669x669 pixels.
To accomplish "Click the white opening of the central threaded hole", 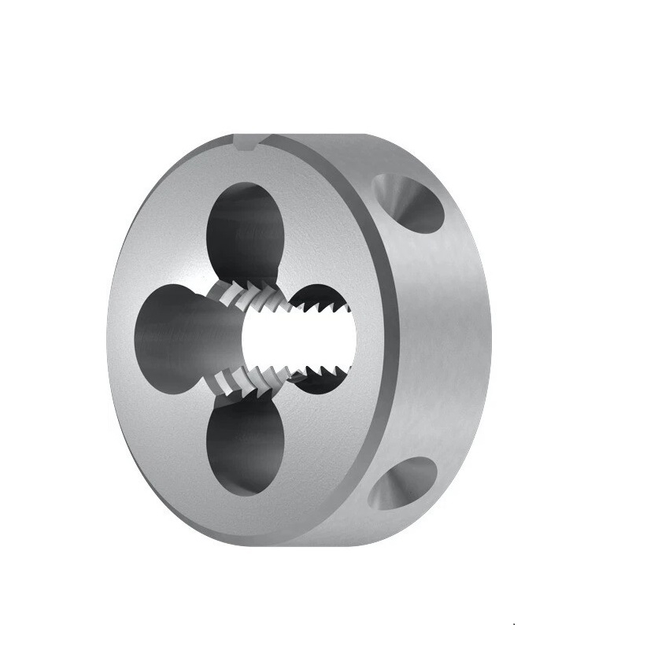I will [299, 331].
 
